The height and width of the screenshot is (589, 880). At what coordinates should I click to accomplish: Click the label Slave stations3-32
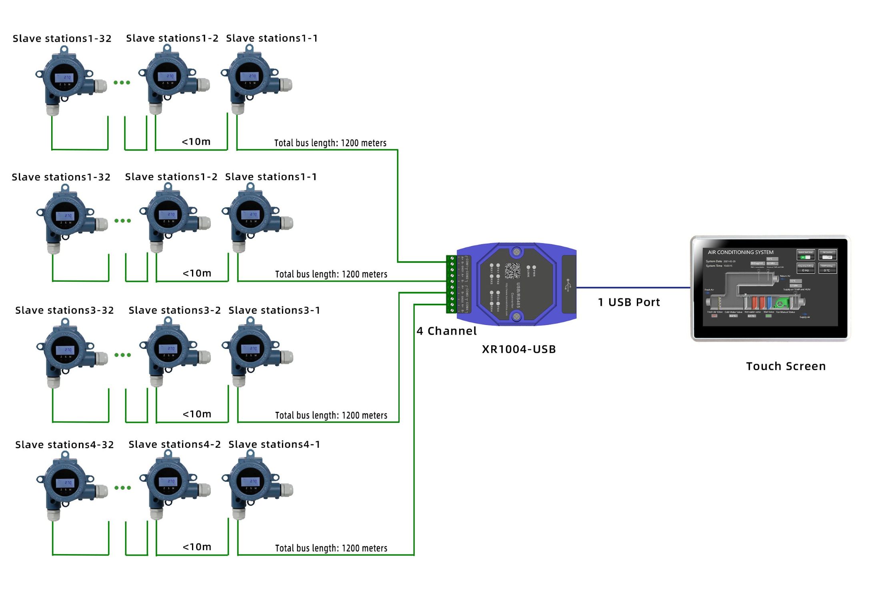point(64,311)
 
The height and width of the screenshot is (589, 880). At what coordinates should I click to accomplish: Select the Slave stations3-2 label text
point(174,311)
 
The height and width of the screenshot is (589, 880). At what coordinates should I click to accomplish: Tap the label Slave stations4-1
point(274,445)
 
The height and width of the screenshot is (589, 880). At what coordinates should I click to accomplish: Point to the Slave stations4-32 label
point(64,445)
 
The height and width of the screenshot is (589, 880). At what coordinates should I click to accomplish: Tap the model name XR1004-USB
point(519,349)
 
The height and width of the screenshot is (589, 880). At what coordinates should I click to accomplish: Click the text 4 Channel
point(446,331)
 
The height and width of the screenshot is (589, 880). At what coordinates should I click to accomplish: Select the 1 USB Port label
point(629,303)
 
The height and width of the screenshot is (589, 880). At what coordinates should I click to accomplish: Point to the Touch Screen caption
point(786,366)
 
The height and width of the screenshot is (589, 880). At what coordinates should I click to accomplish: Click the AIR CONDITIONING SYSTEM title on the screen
point(740,252)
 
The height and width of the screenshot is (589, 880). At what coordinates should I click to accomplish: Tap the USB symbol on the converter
point(568,285)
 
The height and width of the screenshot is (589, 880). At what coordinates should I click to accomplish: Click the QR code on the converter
point(512,271)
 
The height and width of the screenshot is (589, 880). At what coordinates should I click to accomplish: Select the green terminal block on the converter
point(451,284)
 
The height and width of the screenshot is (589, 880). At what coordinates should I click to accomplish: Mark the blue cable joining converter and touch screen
point(633,287)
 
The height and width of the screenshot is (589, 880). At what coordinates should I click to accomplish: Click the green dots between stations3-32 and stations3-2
point(122,355)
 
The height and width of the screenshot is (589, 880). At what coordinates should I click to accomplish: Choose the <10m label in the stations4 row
point(197,547)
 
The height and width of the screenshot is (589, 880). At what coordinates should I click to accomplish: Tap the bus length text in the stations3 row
point(331,415)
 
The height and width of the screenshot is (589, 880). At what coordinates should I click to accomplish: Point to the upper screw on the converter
point(516,252)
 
